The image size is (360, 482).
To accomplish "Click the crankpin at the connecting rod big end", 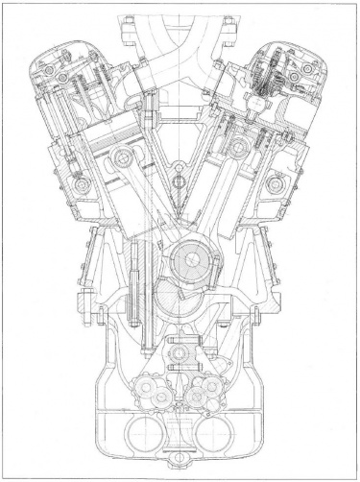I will (x=184, y=260).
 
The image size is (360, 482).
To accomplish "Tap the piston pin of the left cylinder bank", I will (x=121, y=157).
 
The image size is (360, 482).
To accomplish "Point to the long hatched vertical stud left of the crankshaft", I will (x=133, y=274).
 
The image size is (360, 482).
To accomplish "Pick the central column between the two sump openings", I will (x=180, y=444).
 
